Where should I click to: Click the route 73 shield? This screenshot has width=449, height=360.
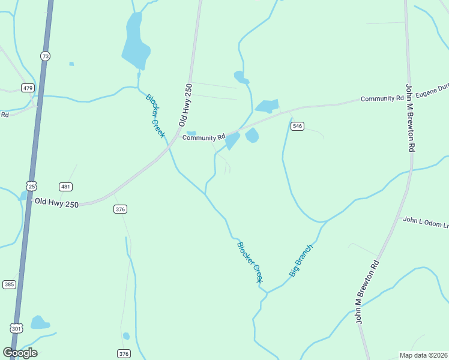click(x=46, y=56)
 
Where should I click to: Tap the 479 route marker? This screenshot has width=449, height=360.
click(x=28, y=88)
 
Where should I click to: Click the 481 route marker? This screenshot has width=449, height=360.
click(x=66, y=187)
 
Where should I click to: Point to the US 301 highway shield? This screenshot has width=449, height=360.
click(x=16, y=328)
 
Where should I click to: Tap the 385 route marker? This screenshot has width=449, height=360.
click(x=9, y=284)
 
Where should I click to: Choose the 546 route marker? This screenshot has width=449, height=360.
click(x=297, y=126)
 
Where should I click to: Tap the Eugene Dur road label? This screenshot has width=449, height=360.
click(x=432, y=93)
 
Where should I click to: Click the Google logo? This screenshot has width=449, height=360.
click(x=20, y=353)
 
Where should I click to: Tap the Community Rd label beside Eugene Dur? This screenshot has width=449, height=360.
click(x=382, y=98)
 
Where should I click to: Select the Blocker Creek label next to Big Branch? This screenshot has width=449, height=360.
click(x=250, y=262)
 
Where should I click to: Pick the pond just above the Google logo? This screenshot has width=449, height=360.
click(x=40, y=323)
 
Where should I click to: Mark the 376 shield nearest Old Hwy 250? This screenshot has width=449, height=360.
click(x=121, y=209)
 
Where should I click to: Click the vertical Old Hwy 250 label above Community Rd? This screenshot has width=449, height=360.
click(x=185, y=104)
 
